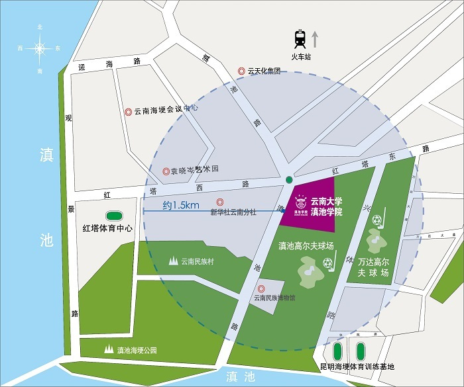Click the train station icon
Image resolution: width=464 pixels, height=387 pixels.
(x=301, y=38)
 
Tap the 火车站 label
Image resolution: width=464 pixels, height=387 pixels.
(x=301, y=58)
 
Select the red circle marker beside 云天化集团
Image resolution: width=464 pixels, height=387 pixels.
(x=243, y=71)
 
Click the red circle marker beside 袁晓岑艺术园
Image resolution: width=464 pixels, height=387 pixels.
(x=166, y=171)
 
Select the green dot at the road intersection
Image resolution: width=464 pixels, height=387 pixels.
(x=288, y=179)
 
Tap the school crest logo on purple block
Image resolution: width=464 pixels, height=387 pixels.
(x=300, y=200)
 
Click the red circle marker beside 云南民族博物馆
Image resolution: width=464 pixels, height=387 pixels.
(x=261, y=288)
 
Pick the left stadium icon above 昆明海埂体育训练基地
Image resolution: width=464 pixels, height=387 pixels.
(x=339, y=350)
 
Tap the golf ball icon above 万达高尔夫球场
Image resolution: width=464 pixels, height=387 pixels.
(x=378, y=219)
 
